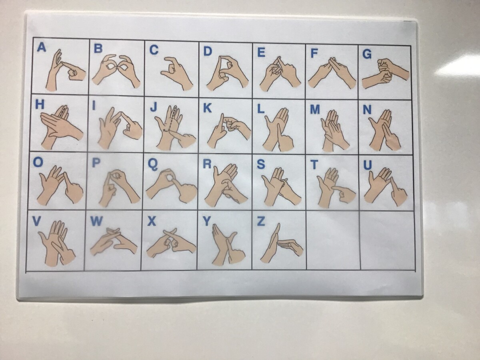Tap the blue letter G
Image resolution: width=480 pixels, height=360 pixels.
click(x=367, y=54)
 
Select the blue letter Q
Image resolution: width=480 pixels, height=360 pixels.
click(x=152, y=164)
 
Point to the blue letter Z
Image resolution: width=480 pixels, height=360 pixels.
click(x=261, y=222)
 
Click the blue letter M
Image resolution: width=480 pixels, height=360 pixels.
click(x=315, y=109)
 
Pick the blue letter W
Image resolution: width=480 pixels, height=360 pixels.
click(x=96, y=222)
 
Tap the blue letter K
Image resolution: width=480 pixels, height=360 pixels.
click(x=207, y=108)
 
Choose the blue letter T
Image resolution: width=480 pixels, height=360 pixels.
click(x=314, y=164)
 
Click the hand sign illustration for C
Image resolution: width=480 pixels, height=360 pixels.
click(x=177, y=73)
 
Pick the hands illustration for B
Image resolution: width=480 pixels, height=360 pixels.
click(x=116, y=71)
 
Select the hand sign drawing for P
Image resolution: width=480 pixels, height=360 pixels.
click(x=119, y=188)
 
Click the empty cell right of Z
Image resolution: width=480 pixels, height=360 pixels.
click(x=334, y=240)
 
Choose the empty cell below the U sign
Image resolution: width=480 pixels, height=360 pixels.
click(x=388, y=240)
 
